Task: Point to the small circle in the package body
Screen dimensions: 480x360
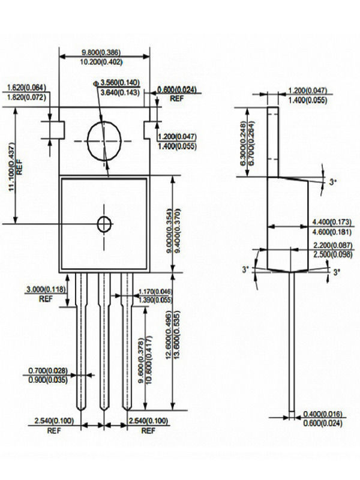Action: click(x=104, y=224)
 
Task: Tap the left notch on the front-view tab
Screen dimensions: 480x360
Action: click(x=56, y=129)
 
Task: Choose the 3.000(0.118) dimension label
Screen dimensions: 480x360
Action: click(x=46, y=289)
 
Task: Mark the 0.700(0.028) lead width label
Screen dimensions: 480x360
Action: click(x=46, y=370)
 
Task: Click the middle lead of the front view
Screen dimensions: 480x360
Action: click(x=104, y=342)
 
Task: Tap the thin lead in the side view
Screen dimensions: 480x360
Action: click(x=292, y=342)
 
